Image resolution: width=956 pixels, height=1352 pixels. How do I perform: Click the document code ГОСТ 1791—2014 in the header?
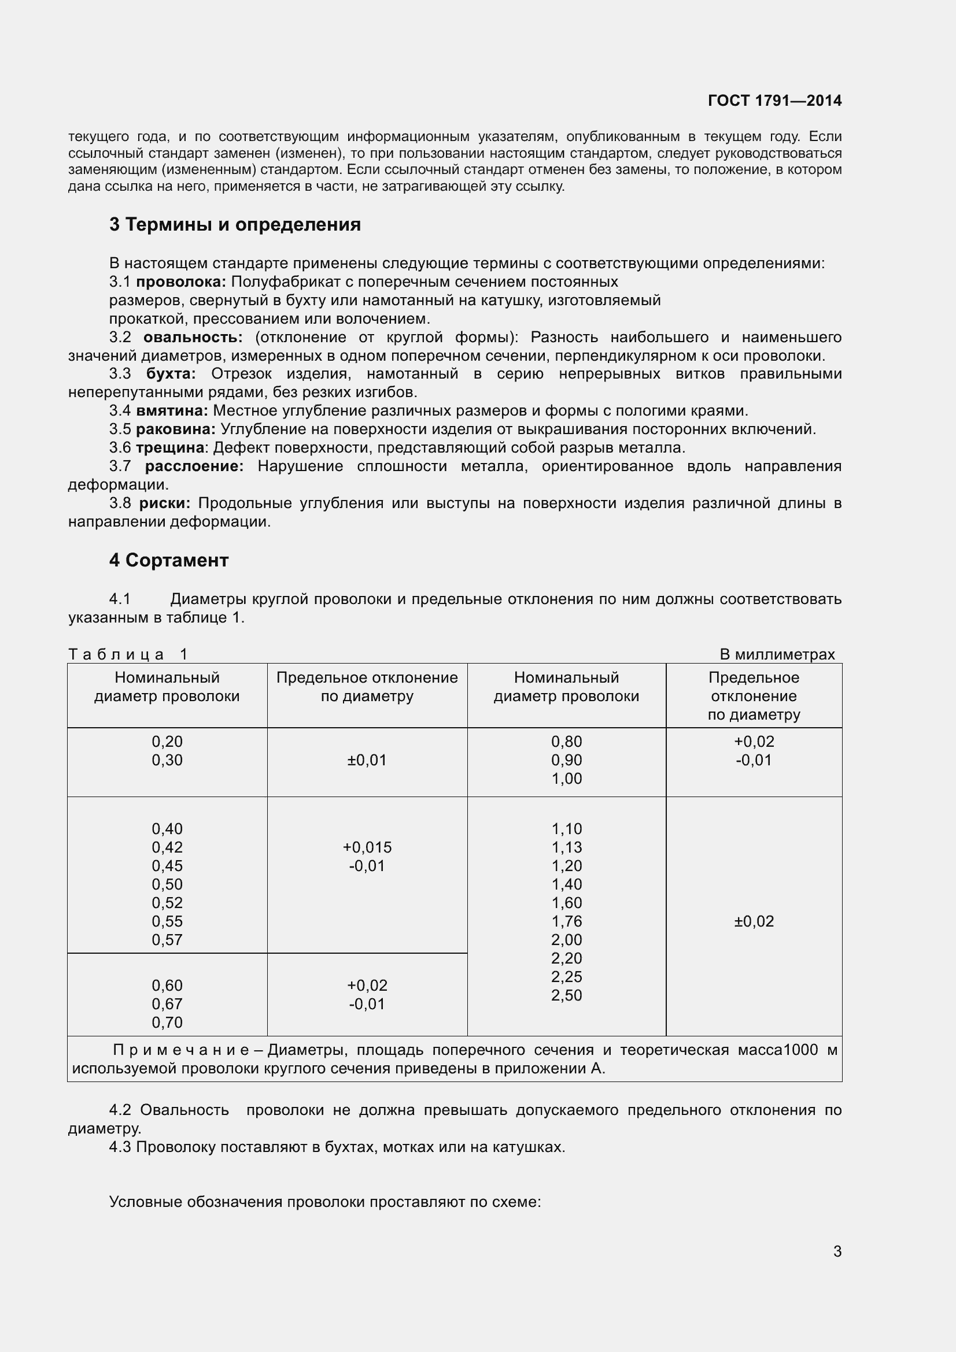click(774, 101)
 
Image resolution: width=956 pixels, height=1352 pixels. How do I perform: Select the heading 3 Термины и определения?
click(234, 224)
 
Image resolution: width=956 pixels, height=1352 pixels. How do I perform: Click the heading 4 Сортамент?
click(168, 560)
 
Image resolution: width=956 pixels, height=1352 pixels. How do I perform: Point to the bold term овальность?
click(193, 338)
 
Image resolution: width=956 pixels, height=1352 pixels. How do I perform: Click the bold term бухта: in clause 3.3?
click(171, 374)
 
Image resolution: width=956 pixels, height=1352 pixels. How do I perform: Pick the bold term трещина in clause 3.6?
click(169, 447)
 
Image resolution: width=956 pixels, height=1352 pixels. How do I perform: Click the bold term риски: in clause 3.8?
click(165, 503)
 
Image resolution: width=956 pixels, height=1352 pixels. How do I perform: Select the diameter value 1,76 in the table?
click(566, 921)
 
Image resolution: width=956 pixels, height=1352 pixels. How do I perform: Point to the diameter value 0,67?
click(167, 1004)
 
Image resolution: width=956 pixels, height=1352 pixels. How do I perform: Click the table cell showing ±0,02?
click(754, 921)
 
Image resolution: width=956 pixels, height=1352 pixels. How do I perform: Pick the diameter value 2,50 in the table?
click(566, 995)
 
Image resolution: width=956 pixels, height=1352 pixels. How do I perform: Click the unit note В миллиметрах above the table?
click(776, 654)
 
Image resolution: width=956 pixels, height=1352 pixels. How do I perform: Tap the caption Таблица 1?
click(128, 654)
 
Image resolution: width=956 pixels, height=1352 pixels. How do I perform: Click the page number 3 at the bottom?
click(837, 1251)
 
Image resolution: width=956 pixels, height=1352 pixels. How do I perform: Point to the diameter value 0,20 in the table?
click(167, 742)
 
